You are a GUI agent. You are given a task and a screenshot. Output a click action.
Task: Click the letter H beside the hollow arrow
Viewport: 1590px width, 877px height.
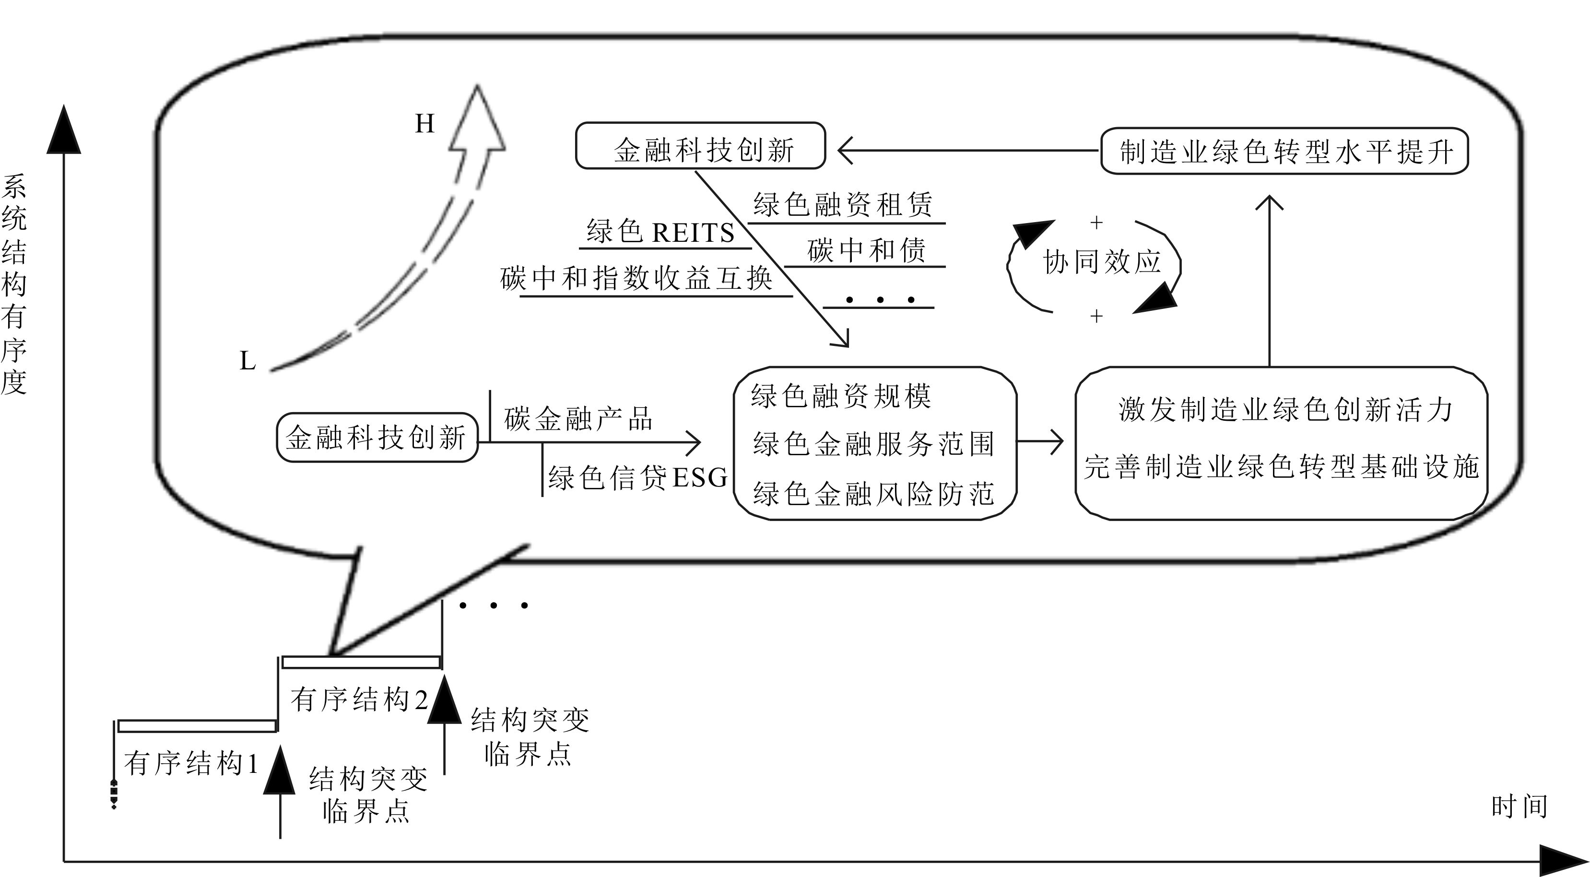[424, 124]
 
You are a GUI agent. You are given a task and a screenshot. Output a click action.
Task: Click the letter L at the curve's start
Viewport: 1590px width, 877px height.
[247, 361]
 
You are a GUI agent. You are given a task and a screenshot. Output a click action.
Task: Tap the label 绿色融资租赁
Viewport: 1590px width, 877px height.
[843, 204]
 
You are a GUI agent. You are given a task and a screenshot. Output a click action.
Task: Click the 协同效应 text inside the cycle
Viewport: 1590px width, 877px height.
[1101, 262]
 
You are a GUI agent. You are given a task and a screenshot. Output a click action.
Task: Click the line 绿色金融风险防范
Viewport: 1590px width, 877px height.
[873, 494]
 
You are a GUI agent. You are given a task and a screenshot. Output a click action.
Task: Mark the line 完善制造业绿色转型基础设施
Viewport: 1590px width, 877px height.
[1282, 467]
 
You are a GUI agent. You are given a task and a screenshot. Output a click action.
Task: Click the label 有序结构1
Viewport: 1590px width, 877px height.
[191, 764]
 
